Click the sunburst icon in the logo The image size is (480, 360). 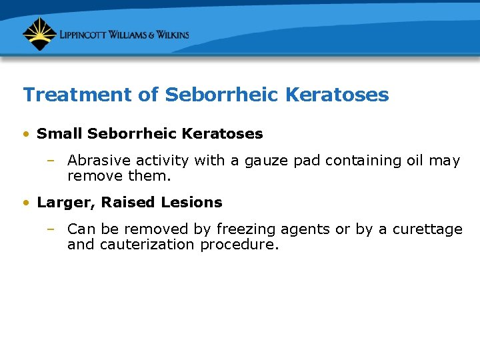[39, 34]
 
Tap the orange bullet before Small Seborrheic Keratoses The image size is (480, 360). [25, 134]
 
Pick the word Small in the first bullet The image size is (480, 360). [59, 134]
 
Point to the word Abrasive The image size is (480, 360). [95, 161]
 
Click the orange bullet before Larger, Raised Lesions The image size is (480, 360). [25, 203]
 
